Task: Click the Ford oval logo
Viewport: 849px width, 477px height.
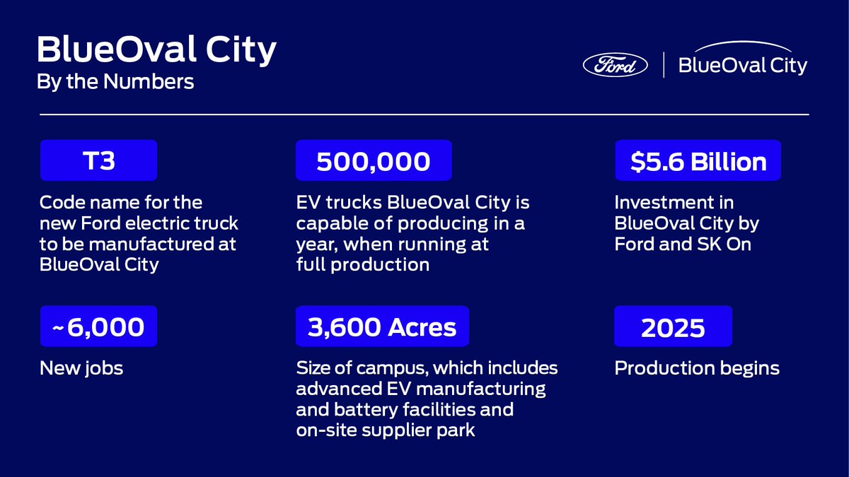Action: pos(615,65)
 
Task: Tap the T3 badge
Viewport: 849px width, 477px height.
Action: pos(98,160)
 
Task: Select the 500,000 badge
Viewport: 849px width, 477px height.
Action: pos(373,160)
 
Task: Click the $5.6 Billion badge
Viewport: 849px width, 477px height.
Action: pos(698,160)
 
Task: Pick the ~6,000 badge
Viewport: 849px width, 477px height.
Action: pos(98,326)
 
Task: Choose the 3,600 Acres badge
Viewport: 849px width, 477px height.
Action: pos(382,326)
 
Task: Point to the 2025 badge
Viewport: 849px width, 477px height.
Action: pos(673,327)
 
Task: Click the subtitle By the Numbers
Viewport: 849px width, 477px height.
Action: pos(115,82)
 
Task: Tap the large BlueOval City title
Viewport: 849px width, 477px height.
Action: pos(156,51)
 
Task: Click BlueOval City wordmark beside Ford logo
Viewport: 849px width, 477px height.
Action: pos(742,65)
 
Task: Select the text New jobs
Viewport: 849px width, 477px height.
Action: pos(81,368)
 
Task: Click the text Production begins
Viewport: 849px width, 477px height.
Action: pos(697,368)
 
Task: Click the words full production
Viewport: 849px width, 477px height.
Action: pos(362,265)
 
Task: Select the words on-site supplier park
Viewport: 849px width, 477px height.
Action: pos(386,430)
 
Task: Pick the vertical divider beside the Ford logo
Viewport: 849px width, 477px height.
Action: pos(664,65)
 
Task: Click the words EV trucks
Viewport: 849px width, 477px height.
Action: pos(336,203)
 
